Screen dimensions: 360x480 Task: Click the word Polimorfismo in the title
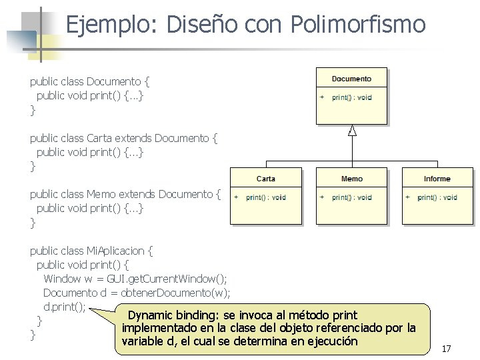tap(358, 25)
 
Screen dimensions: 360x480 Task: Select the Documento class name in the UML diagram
tap(351, 79)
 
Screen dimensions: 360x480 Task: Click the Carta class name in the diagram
tap(265, 179)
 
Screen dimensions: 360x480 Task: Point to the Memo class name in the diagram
tap(351, 179)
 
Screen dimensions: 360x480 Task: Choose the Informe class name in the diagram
tap(437, 179)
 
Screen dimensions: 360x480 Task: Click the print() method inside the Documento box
tap(352, 97)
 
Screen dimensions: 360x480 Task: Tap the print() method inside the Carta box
tap(265, 197)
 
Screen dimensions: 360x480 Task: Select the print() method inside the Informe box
tap(437, 197)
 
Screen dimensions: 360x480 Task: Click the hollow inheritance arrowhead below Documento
tap(352, 130)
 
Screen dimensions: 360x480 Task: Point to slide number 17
tap(446, 349)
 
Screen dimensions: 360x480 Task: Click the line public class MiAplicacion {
tap(91, 251)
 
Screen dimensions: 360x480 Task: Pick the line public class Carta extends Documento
tap(124, 138)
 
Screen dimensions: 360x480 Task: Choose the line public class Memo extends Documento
tap(125, 194)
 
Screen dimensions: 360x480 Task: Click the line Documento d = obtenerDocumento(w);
tap(137, 293)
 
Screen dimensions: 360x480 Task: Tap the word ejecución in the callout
tap(328, 341)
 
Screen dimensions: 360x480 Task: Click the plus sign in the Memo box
tap(322, 197)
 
